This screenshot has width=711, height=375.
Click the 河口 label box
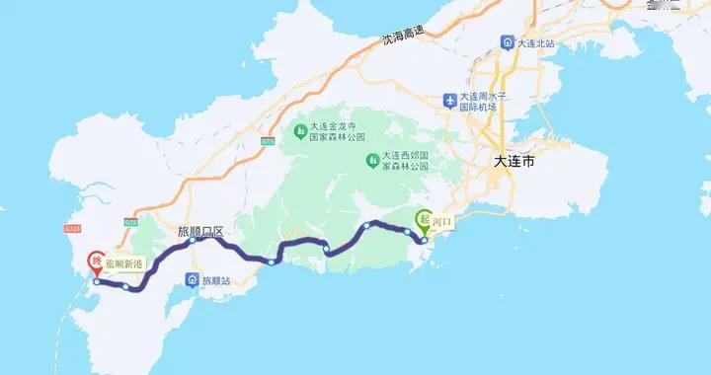pyautogui.click(x=440, y=223)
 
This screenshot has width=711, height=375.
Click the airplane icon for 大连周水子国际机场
pyautogui.click(x=452, y=101)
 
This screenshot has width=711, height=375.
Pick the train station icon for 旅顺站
pyautogui.click(x=193, y=280)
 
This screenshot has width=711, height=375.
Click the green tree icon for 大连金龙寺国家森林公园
pyautogui.click(x=298, y=131)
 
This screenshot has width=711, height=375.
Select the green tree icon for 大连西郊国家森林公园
pyautogui.click(x=373, y=160)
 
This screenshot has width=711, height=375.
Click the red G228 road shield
pyautogui.click(x=72, y=228)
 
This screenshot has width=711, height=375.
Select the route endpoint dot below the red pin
pyautogui.click(x=95, y=281)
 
